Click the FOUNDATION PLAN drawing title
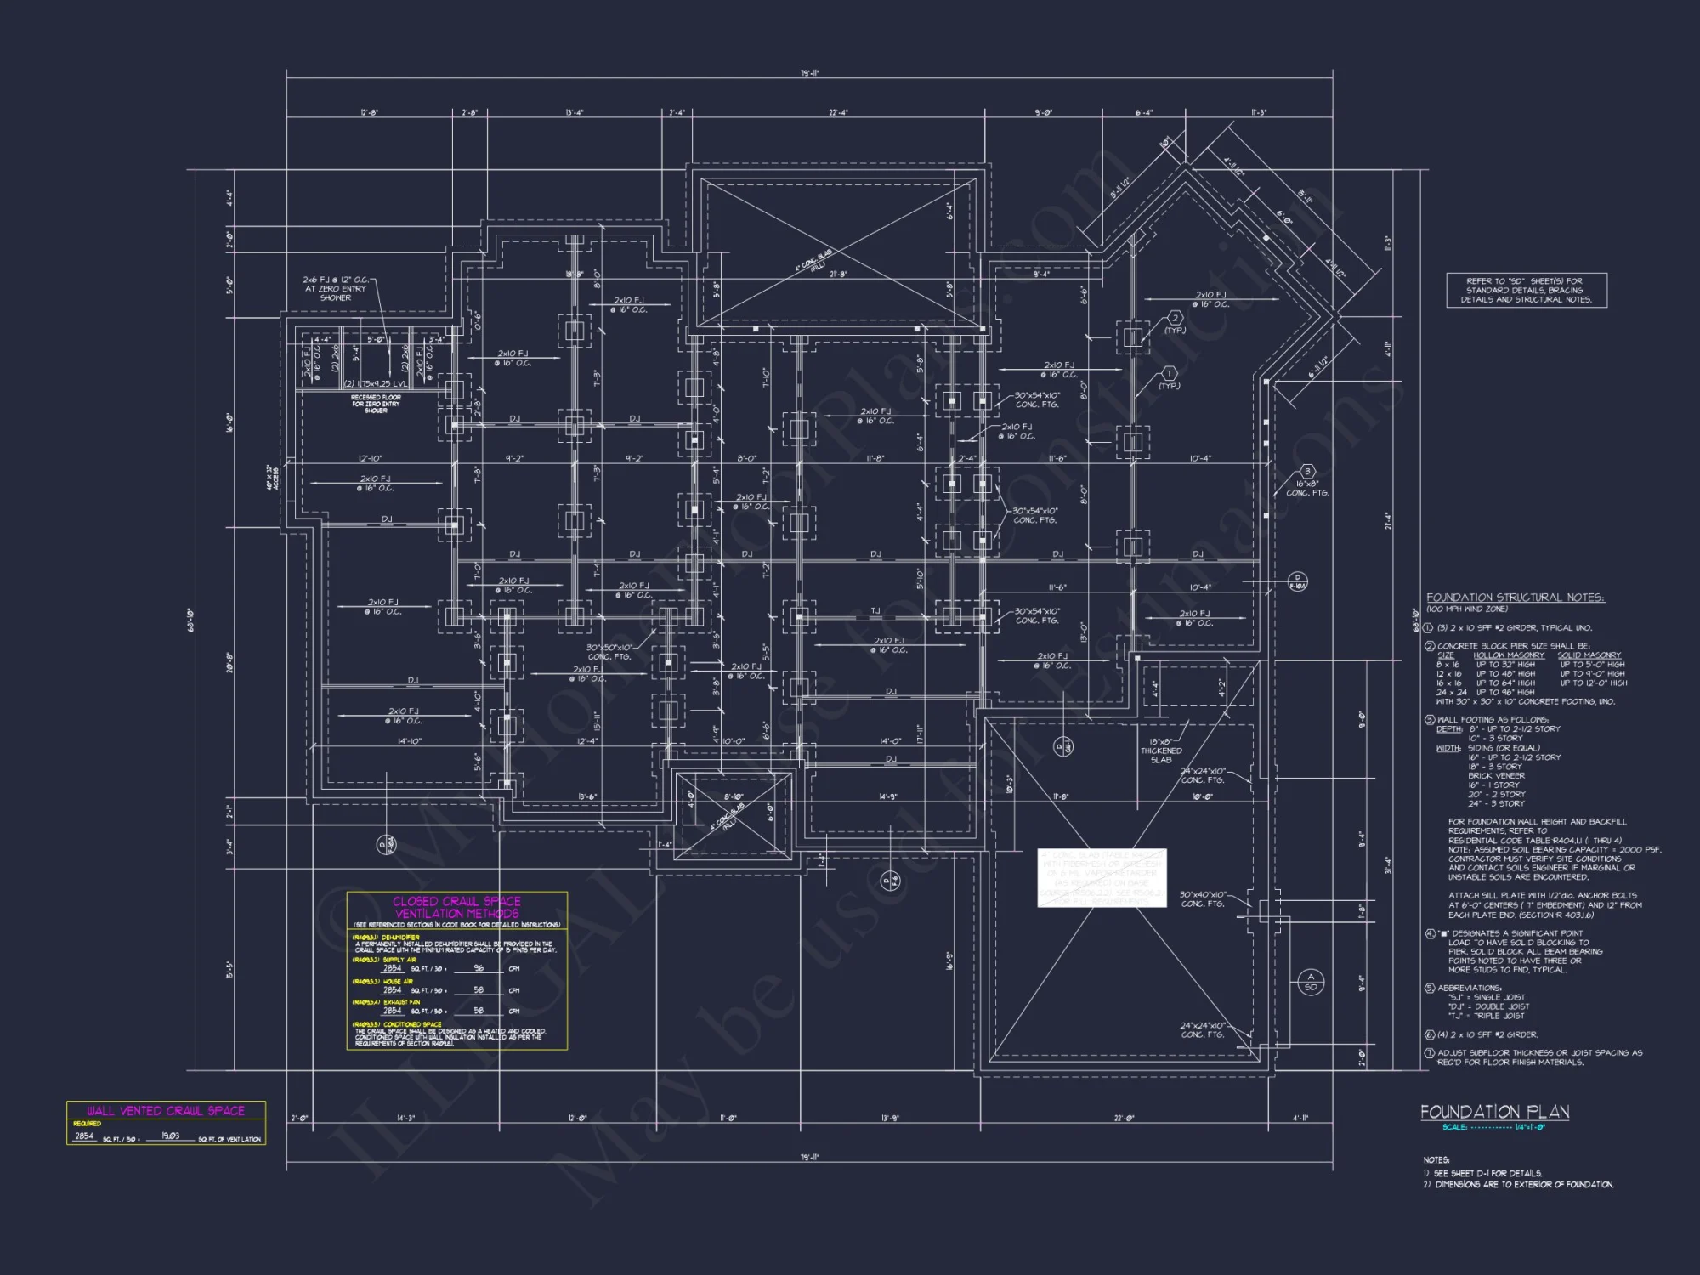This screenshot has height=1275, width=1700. (x=1494, y=1112)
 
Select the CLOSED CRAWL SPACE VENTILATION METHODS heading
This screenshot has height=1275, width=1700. (x=456, y=907)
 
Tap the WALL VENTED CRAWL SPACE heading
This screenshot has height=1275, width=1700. (x=166, y=1110)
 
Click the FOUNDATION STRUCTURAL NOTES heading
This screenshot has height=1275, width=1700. (x=1515, y=598)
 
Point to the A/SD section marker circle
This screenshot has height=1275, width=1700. (x=1310, y=982)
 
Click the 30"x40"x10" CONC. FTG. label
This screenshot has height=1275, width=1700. (x=1202, y=899)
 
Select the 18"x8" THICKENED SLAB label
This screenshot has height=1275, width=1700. (x=1161, y=751)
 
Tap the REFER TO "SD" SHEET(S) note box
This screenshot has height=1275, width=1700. (x=1527, y=291)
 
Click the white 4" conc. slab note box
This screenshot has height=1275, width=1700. (x=1102, y=878)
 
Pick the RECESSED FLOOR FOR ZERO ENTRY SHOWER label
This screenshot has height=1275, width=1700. (x=376, y=404)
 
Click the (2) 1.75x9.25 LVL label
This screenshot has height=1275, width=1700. (x=375, y=384)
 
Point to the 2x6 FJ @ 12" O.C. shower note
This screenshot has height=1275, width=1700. (x=336, y=288)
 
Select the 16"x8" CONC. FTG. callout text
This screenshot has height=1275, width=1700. (x=1306, y=488)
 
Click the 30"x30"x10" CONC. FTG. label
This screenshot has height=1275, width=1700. (x=609, y=652)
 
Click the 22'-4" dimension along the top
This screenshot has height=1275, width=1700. (x=838, y=112)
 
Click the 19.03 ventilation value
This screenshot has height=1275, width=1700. (x=170, y=1136)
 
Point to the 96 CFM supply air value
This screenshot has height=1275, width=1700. (x=479, y=968)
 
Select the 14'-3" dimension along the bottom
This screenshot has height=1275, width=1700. (x=406, y=1118)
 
